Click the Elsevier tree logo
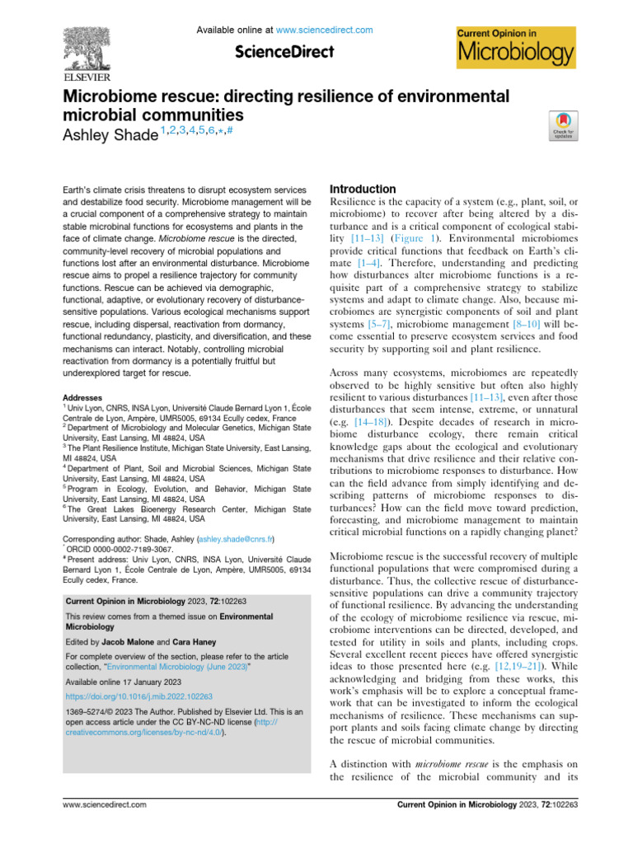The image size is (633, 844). [x=90, y=41]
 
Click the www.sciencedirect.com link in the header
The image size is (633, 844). [x=324, y=30]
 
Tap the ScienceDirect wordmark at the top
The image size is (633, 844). [x=284, y=52]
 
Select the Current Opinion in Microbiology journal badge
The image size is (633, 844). [x=515, y=46]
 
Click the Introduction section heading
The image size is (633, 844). [x=363, y=189]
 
